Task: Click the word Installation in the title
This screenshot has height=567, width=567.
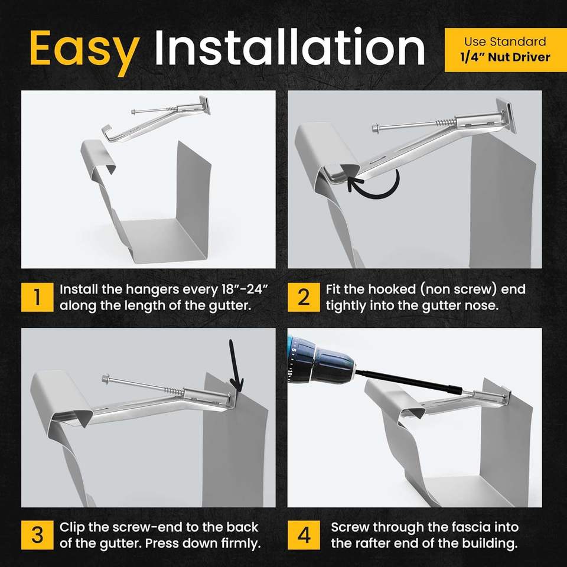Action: click(289, 48)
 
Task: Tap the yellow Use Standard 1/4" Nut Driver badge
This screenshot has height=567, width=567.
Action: click(506, 50)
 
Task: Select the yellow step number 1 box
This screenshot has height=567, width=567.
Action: click(37, 297)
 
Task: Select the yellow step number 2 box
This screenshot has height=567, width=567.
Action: click(304, 297)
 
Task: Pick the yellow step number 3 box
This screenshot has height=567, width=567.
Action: click(37, 535)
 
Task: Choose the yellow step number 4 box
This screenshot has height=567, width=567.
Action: click(304, 535)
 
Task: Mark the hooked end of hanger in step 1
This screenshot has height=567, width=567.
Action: click(109, 132)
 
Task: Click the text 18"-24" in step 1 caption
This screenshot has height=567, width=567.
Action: click(245, 289)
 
